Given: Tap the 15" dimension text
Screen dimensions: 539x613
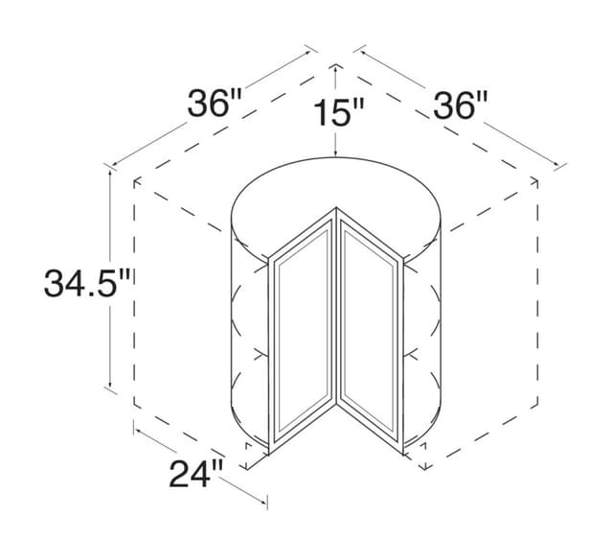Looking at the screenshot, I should pyautogui.click(x=338, y=114).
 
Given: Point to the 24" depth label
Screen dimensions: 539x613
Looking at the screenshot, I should pyautogui.click(x=196, y=473).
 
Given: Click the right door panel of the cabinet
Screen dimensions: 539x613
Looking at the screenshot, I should pyautogui.click(x=370, y=331).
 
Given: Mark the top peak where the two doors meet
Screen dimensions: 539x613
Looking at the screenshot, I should pyautogui.click(x=338, y=207).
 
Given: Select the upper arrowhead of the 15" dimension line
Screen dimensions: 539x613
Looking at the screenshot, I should pyautogui.click(x=336, y=67).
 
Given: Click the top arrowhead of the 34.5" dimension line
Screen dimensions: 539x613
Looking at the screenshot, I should pyautogui.click(x=112, y=172).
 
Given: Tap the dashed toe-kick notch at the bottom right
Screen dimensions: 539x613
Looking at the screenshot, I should pyautogui.click(x=422, y=457).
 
